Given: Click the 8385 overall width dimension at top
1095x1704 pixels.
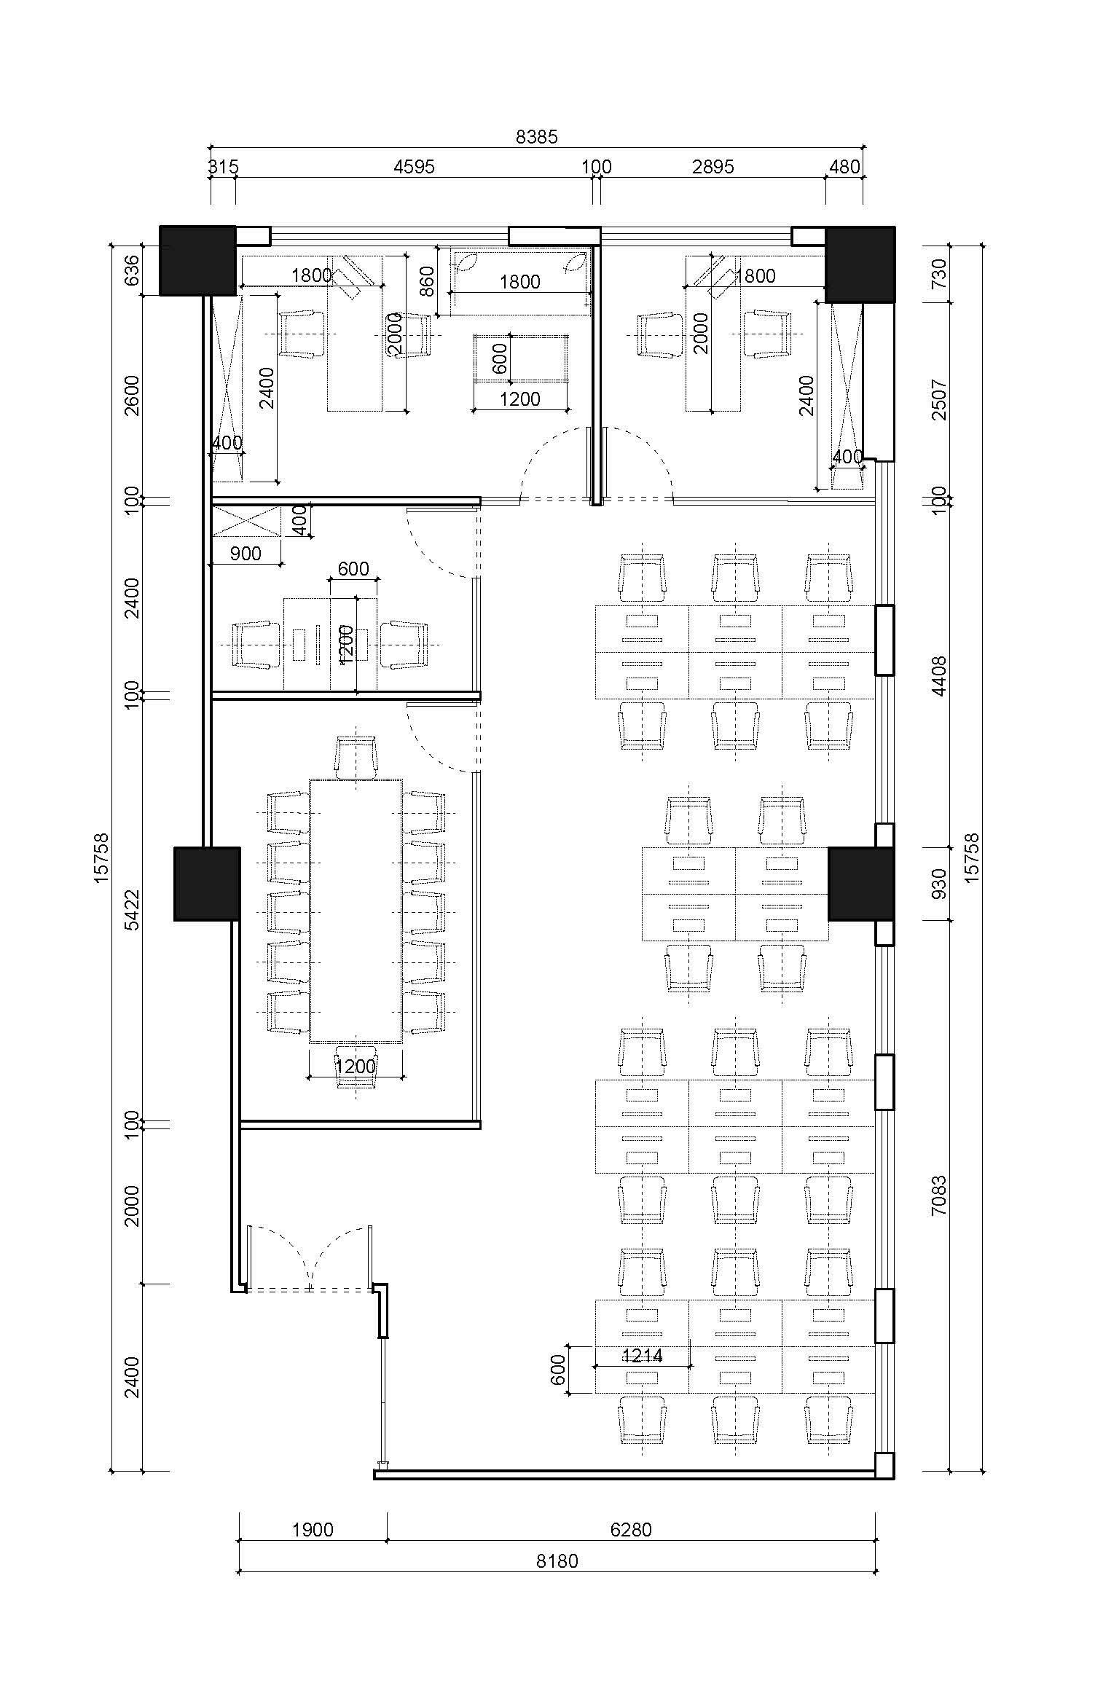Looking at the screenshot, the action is click(x=536, y=136).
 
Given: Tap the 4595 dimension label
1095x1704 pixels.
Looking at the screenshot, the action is click(x=414, y=167).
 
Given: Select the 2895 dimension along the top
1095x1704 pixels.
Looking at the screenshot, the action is click(x=713, y=167).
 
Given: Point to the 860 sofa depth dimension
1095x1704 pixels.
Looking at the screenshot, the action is click(x=427, y=281).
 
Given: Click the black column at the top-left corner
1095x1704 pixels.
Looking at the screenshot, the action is click(x=197, y=260).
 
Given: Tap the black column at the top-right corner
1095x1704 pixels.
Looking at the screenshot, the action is click(x=860, y=264).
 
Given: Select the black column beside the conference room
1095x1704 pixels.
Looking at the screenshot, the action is click(x=207, y=883).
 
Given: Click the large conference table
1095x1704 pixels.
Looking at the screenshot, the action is click(x=356, y=911).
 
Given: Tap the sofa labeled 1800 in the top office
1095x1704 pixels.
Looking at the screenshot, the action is click(x=520, y=281).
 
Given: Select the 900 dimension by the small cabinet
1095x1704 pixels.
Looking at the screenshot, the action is click(x=246, y=553).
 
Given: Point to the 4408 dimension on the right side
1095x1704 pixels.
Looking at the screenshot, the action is click(x=939, y=676).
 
